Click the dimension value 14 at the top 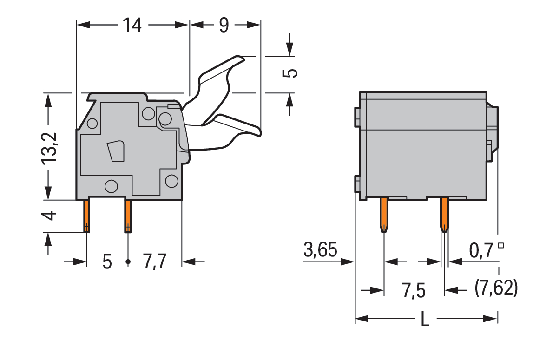pyautogui.click(x=132, y=25)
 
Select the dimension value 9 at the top pyautogui.click(x=224, y=25)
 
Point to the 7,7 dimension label pyautogui.click(x=155, y=261)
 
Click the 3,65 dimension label pyautogui.click(x=320, y=249)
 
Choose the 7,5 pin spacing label pyautogui.click(x=414, y=291)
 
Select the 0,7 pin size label pyautogui.click(x=481, y=250)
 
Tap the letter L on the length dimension pyautogui.click(x=425, y=319)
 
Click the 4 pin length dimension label pyautogui.click(x=49, y=216)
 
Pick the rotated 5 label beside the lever pyautogui.click(x=290, y=73)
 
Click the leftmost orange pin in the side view pyautogui.click(x=86, y=216)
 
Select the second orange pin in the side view pyautogui.click(x=128, y=216)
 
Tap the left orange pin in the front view pyautogui.click(x=384, y=215)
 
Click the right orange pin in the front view pyautogui.click(x=444, y=215)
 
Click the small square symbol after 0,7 pyautogui.click(x=501, y=245)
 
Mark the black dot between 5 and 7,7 pyautogui.click(x=128, y=262)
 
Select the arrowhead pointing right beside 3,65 pyautogui.click(x=348, y=262)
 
